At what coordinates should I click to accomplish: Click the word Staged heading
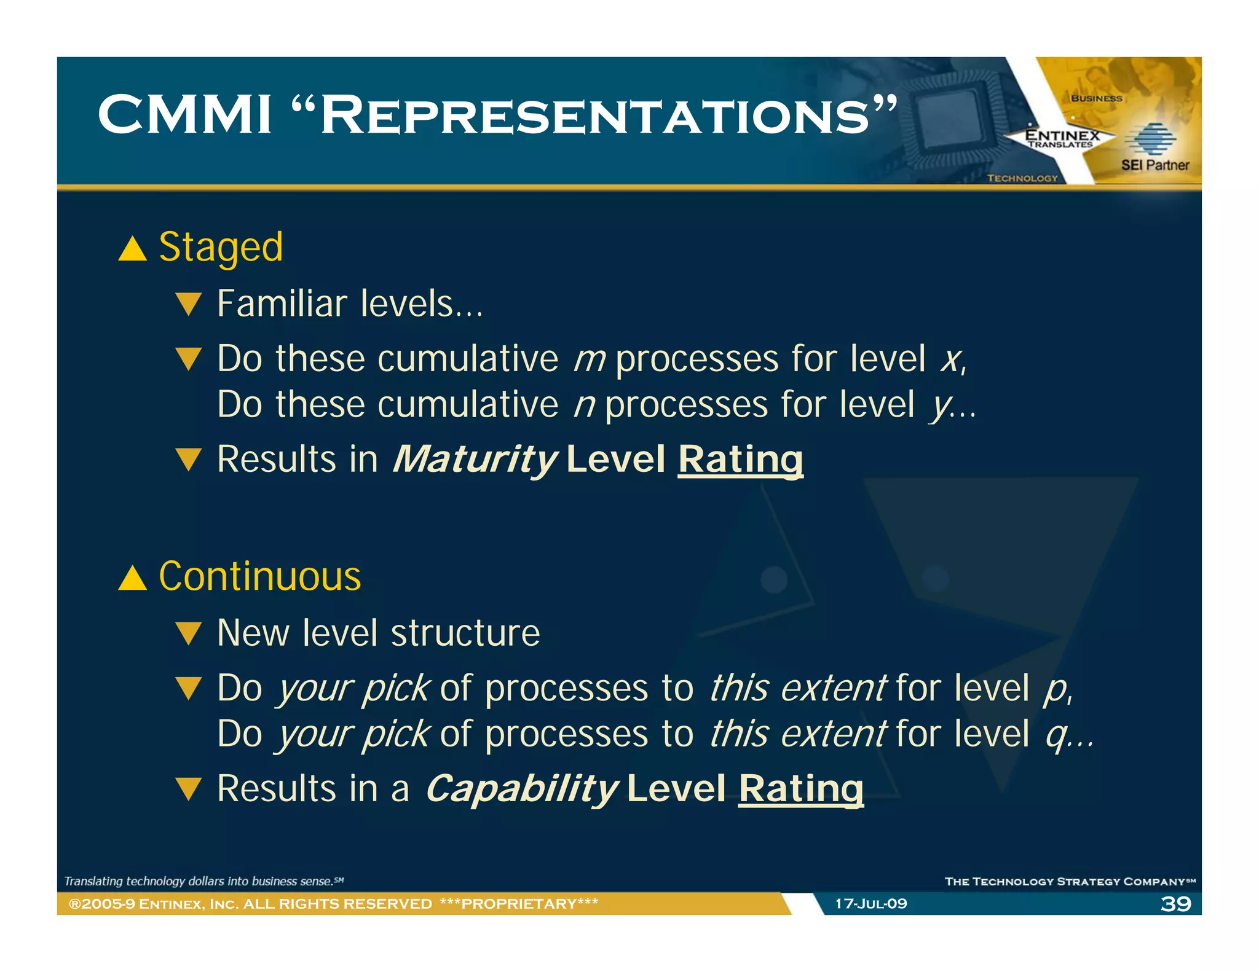(x=221, y=248)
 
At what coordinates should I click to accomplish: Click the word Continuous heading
(x=259, y=576)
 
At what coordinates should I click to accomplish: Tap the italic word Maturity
(x=475, y=459)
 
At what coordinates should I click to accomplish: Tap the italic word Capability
(x=521, y=788)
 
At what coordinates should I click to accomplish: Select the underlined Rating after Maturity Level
(x=740, y=459)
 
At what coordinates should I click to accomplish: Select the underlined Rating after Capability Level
(x=800, y=788)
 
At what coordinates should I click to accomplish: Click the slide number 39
(x=1175, y=904)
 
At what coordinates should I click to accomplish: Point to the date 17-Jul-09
(x=870, y=904)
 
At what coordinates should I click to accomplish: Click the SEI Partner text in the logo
(x=1154, y=165)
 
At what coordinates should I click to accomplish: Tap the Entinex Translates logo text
(x=1062, y=138)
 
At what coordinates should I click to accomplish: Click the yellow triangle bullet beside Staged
(x=132, y=249)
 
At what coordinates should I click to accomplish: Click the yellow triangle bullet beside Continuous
(x=132, y=578)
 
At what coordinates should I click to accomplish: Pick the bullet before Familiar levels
(x=188, y=304)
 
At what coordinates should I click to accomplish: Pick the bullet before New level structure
(x=188, y=633)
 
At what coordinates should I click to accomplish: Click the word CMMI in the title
(x=184, y=115)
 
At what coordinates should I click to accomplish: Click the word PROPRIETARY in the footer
(x=519, y=904)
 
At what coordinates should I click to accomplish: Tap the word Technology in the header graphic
(x=1022, y=178)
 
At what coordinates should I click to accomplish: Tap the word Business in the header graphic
(x=1096, y=98)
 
